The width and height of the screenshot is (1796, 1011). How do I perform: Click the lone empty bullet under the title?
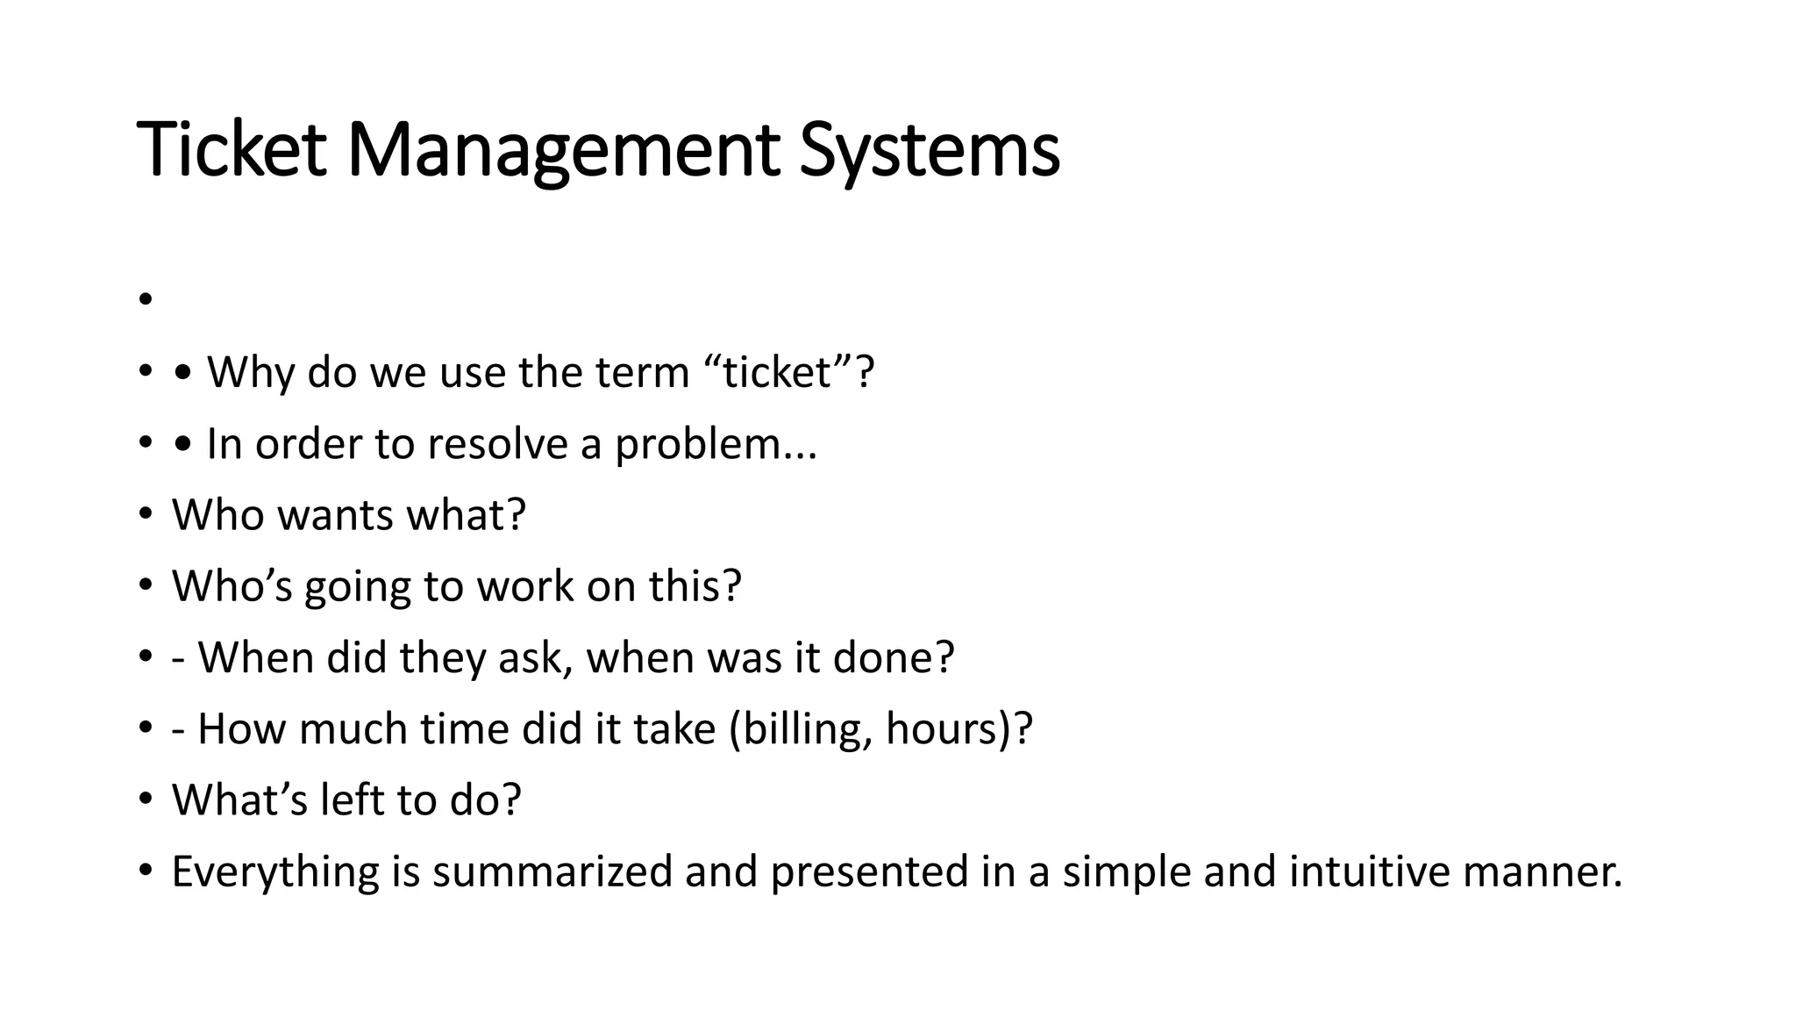(x=146, y=300)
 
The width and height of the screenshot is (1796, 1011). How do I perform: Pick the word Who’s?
(x=232, y=586)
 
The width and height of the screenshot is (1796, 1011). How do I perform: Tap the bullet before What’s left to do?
(x=146, y=799)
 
